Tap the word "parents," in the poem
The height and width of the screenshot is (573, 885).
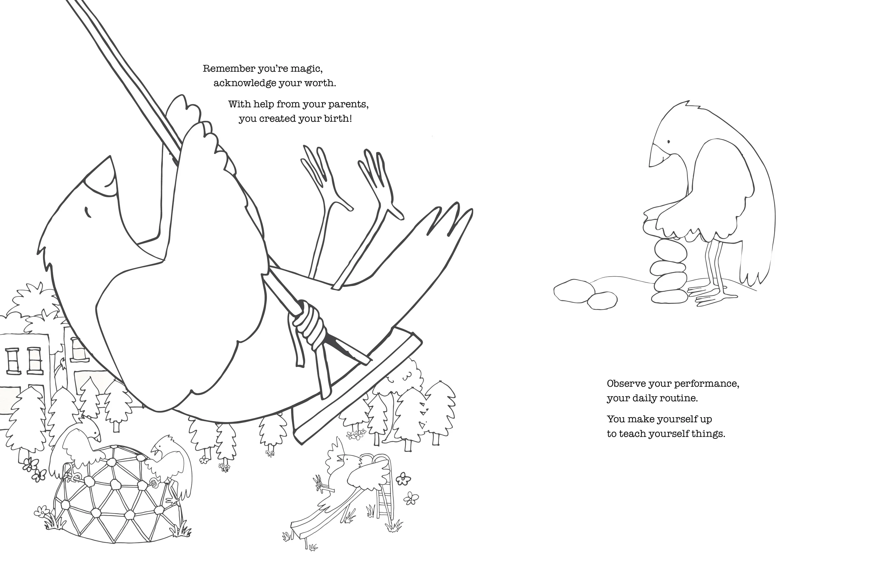coord(348,104)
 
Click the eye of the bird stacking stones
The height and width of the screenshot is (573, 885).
coord(668,142)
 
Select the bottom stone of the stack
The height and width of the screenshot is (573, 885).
coord(669,296)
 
